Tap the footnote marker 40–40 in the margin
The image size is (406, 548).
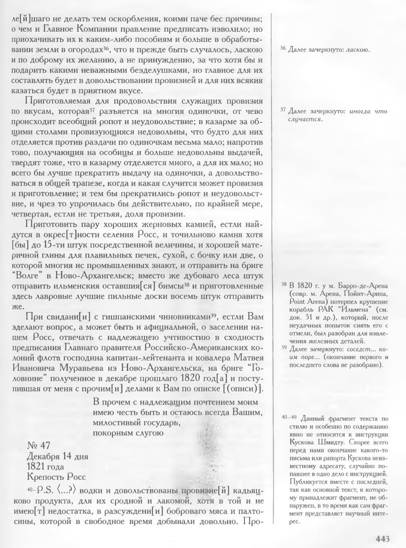point(287,418)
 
